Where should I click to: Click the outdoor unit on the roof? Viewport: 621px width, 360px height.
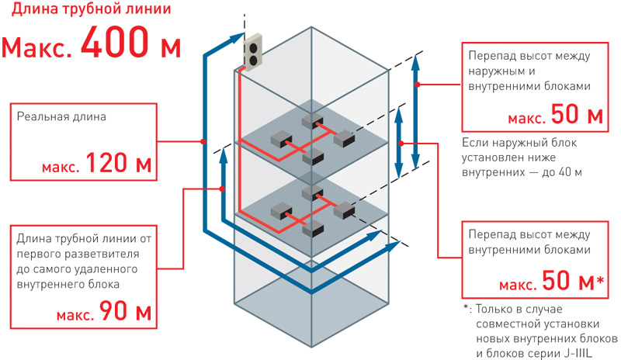pos(254,54)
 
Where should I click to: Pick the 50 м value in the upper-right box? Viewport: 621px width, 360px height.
pos(576,116)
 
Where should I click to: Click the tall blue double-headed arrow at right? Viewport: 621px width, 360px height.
pos(417,109)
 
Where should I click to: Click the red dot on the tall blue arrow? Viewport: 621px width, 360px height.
pos(417,85)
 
